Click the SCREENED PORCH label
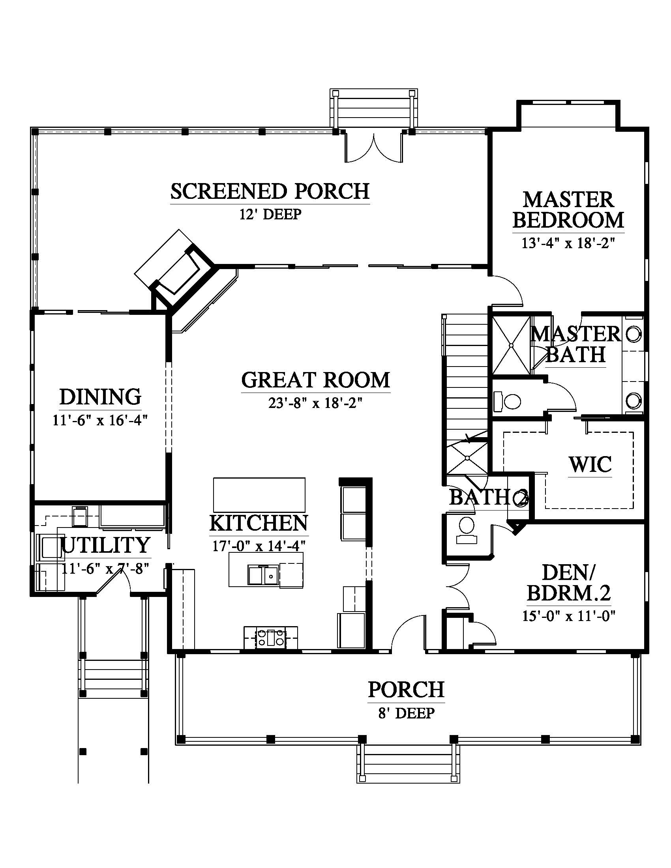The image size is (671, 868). [x=270, y=191]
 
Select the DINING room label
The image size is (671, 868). [x=101, y=396]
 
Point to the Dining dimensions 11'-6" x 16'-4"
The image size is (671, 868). [x=100, y=420]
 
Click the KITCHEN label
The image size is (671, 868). [x=259, y=523]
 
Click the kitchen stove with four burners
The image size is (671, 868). [x=271, y=638]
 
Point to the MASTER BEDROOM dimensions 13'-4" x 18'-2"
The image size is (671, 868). [x=568, y=243]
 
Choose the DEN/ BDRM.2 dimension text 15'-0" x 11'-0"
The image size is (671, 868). [x=569, y=616]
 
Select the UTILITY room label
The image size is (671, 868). [x=105, y=545]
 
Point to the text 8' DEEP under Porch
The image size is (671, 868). [x=406, y=713]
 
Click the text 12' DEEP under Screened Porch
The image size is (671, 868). [x=270, y=214]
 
